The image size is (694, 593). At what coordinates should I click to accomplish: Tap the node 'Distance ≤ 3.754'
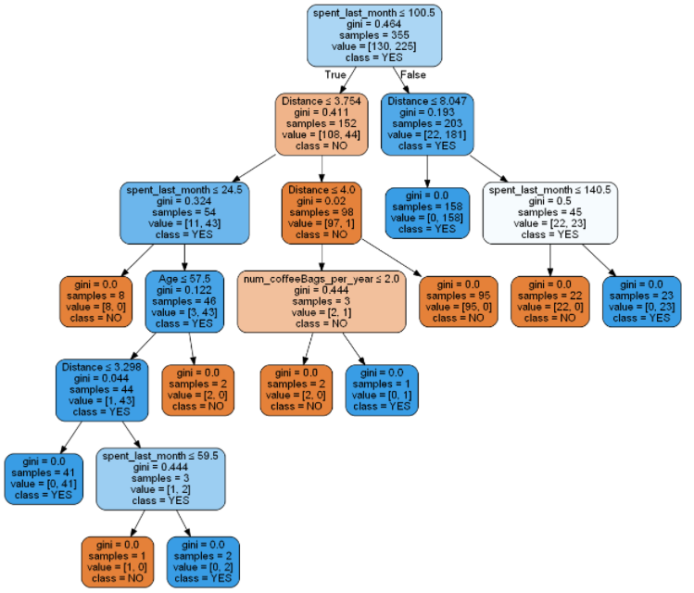(322, 123)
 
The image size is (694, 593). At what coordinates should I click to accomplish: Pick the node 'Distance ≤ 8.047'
(427, 123)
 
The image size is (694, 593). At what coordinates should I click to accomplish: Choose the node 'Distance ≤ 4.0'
(322, 213)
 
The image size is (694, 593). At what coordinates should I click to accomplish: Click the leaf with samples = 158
(427, 213)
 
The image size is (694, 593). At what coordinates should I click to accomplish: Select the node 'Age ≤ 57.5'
(191, 301)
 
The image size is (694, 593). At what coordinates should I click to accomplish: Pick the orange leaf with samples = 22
(550, 301)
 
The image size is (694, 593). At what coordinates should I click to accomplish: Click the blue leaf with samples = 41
(43, 478)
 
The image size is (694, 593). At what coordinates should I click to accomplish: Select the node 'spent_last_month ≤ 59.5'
(161, 478)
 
